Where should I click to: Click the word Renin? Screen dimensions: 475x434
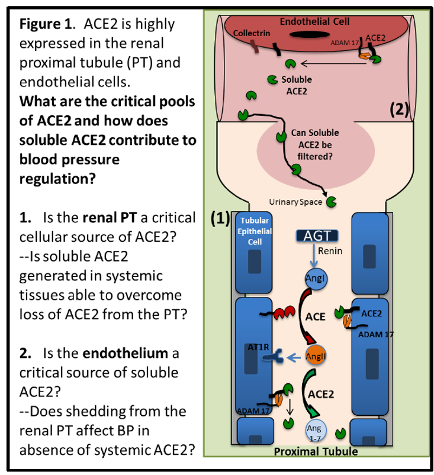[330, 251]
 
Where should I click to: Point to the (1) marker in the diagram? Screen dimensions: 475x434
[220, 218]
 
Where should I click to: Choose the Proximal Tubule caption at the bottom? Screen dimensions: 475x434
[316, 453]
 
